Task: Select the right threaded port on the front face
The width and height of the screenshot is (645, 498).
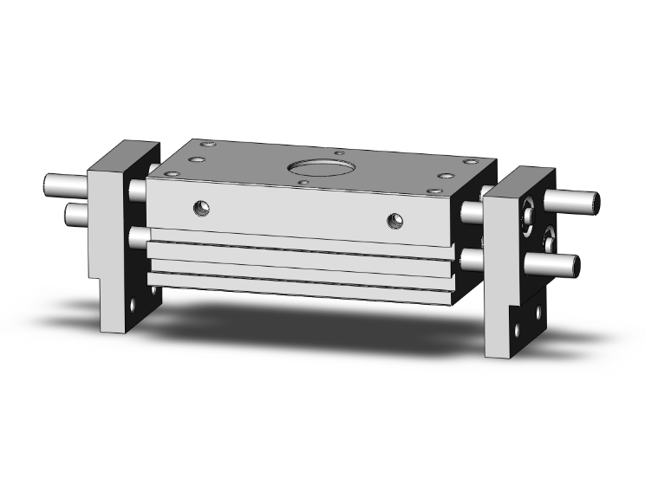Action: [395, 219]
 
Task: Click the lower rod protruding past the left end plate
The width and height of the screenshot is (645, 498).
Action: [76, 212]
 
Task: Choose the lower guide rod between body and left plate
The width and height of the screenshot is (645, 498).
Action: [137, 236]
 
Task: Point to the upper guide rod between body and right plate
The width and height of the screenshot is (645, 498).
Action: [472, 211]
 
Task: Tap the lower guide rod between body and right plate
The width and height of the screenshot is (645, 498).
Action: [472, 258]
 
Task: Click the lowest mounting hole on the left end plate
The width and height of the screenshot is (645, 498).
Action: [132, 307]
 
